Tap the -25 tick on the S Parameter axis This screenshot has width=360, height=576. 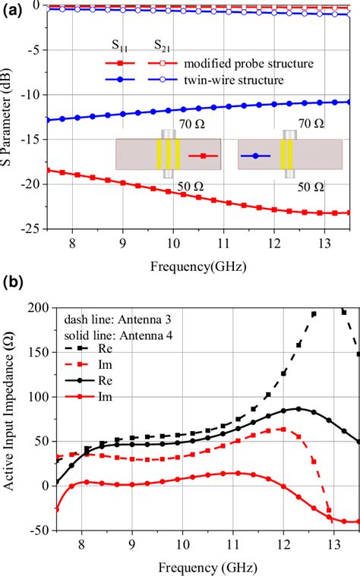click(32, 227)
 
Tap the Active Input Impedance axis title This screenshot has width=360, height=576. click(11, 417)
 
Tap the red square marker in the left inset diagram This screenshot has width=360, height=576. click(203, 157)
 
